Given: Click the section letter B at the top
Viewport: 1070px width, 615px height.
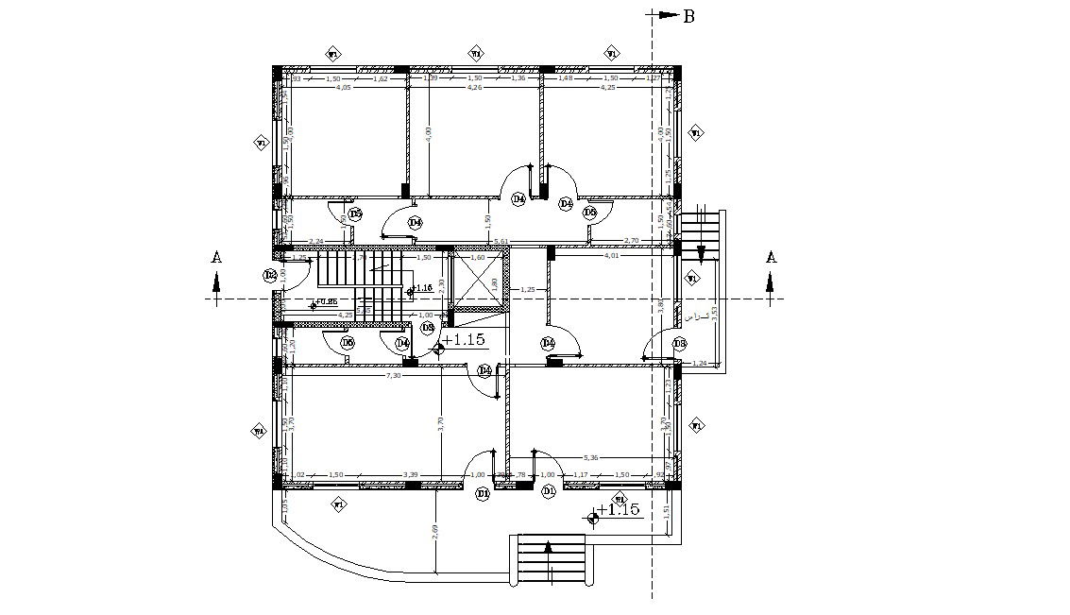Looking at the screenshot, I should click(688, 16).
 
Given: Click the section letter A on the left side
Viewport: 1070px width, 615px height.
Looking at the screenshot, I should click(216, 257).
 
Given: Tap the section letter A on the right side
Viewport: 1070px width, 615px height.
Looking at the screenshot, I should click(771, 257).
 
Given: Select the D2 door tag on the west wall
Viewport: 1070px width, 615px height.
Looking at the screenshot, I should click(270, 275).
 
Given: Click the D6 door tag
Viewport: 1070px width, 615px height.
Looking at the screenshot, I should click(348, 343).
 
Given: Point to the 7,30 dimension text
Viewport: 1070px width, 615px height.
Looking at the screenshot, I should click(394, 375).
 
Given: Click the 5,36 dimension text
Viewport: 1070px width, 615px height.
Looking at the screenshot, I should click(590, 458).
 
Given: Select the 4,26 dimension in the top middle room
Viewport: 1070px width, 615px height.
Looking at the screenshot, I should click(475, 87).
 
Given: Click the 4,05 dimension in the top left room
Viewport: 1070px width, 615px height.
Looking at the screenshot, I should click(344, 87).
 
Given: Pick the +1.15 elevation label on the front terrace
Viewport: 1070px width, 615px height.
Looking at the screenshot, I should click(619, 510).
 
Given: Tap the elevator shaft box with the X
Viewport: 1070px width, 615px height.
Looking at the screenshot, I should click(478, 282).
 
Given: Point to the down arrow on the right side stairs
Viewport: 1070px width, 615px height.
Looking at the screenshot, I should click(701, 251).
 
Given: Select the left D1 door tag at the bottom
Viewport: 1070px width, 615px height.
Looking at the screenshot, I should click(483, 492).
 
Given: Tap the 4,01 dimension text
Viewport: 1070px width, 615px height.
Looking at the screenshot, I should click(611, 255).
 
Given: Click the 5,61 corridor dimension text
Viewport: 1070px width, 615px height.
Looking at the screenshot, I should click(501, 242).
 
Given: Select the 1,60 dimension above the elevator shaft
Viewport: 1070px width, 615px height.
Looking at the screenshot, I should click(477, 257).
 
